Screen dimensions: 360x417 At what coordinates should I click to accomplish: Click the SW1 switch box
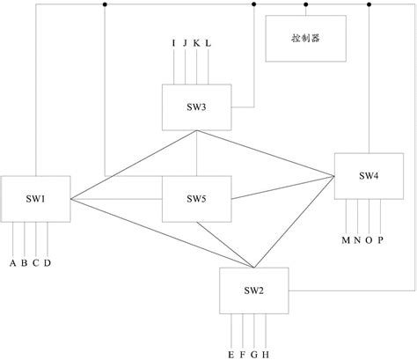click(x=35, y=199)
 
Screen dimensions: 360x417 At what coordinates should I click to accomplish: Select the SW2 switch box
click(x=253, y=290)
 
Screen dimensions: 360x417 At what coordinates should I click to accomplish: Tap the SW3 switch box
click(x=196, y=107)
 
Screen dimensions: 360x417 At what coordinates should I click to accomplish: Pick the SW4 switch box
click(x=369, y=176)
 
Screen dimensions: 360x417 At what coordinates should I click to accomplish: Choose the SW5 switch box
click(x=196, y=199)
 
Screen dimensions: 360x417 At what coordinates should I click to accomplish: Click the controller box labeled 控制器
click(x=305, y=40)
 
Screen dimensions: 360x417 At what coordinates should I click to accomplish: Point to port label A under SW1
click(x=12, y=262)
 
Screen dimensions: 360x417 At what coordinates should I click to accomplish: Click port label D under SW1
click(x=48, y=262)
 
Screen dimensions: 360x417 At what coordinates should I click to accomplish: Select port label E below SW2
click(x=230, y=354)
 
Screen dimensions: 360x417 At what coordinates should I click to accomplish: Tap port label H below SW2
click(x=266, y=354)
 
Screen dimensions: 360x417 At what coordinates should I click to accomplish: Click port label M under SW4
click(x=346, y=239)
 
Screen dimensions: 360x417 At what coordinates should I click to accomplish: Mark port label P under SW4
click(x=381, y=239)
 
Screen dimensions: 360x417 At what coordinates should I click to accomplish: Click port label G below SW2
click(x=254, y=354)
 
